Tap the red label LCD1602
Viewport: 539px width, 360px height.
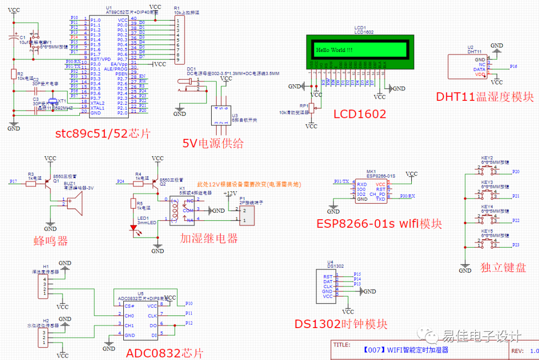tap(360, 114)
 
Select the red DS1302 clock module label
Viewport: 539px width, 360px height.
tap(341, 324)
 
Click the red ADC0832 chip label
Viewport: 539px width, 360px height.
tap(165, 353)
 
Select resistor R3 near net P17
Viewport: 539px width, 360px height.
tap(31, 184)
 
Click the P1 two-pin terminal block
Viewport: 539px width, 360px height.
tap(248, 215)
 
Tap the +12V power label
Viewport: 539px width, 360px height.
tap(230, 193)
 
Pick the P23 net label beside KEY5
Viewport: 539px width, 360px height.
tap(516, 245)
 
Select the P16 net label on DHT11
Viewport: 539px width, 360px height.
tap(514, 66)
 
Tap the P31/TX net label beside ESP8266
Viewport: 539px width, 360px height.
tap(341, 181)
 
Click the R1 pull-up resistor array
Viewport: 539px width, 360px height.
tap(177, 40)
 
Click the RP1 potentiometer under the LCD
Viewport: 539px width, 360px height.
tap(311, 108)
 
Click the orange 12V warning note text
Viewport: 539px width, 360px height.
tap(249, 184)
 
